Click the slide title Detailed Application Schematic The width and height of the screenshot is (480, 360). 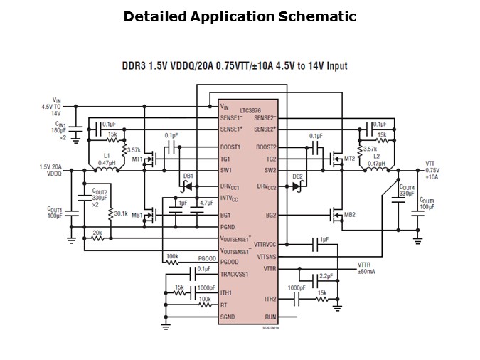pyautogui.click(x=240, y=16)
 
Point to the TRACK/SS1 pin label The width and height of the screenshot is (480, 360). pyautogui.click(x=236, y=274)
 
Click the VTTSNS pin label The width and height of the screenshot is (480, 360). pyautogui.click(x=265, y=256)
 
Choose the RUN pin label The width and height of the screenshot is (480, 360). pyautogui.click(x=270, y=317)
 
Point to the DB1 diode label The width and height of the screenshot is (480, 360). pyautogui.click(x=188, y=175)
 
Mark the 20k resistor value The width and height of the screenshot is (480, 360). pyautogui.click(x=97, y=232)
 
